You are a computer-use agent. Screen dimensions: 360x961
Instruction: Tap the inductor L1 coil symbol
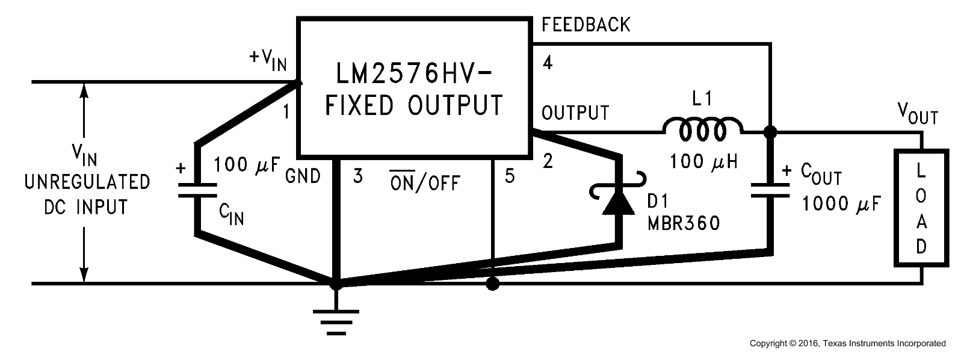(702, 129)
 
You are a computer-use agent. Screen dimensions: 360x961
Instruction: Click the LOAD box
(921, 208)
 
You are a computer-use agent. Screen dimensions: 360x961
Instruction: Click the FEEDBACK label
(586, 25)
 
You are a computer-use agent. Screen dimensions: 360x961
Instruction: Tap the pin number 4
(548, 62)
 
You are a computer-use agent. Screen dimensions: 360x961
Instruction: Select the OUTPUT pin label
(575, 113)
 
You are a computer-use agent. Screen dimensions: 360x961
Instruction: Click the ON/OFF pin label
(424, 181)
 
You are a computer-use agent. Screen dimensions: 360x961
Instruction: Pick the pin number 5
(510, 177)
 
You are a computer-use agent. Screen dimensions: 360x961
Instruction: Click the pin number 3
(358, 177)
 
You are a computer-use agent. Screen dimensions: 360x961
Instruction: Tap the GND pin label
(303, 177)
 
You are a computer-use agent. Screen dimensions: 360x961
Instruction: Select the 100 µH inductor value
(703, 161)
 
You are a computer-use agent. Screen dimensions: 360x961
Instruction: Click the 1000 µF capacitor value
(841, 205)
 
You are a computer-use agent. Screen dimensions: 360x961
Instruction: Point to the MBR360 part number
(684, 223)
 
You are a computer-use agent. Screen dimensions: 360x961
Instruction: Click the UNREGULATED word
(87, 182)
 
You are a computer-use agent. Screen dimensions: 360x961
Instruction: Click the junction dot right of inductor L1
(769, 131)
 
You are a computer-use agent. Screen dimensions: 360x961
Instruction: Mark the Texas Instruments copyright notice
(847, 344)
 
